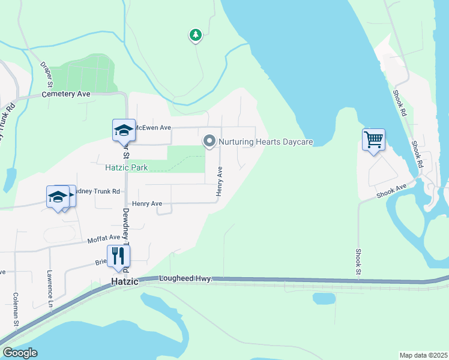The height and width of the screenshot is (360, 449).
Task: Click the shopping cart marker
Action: (x=373, y=140)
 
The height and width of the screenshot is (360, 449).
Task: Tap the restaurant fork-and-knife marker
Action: (x=118, y=256)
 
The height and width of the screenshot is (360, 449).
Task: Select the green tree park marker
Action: (x=195, y=35)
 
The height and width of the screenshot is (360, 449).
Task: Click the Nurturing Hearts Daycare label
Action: (x=266, y=142)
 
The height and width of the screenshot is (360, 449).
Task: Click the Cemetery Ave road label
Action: (x=66, y=95)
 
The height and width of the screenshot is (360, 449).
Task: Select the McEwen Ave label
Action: (x=152, y=128)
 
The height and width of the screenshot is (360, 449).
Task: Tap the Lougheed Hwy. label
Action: (x=186, y=279)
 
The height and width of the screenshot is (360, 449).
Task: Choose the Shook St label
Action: (x=358, y=263)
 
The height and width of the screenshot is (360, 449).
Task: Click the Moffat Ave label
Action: (x=88, y=238)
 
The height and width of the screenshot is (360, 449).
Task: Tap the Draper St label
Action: (x=47, y=74)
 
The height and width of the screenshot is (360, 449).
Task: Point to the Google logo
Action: (x=20, y=353)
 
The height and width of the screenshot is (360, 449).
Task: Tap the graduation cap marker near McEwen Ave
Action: (x=123, y=130)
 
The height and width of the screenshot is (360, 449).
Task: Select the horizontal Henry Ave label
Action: (x=148, y=204)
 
